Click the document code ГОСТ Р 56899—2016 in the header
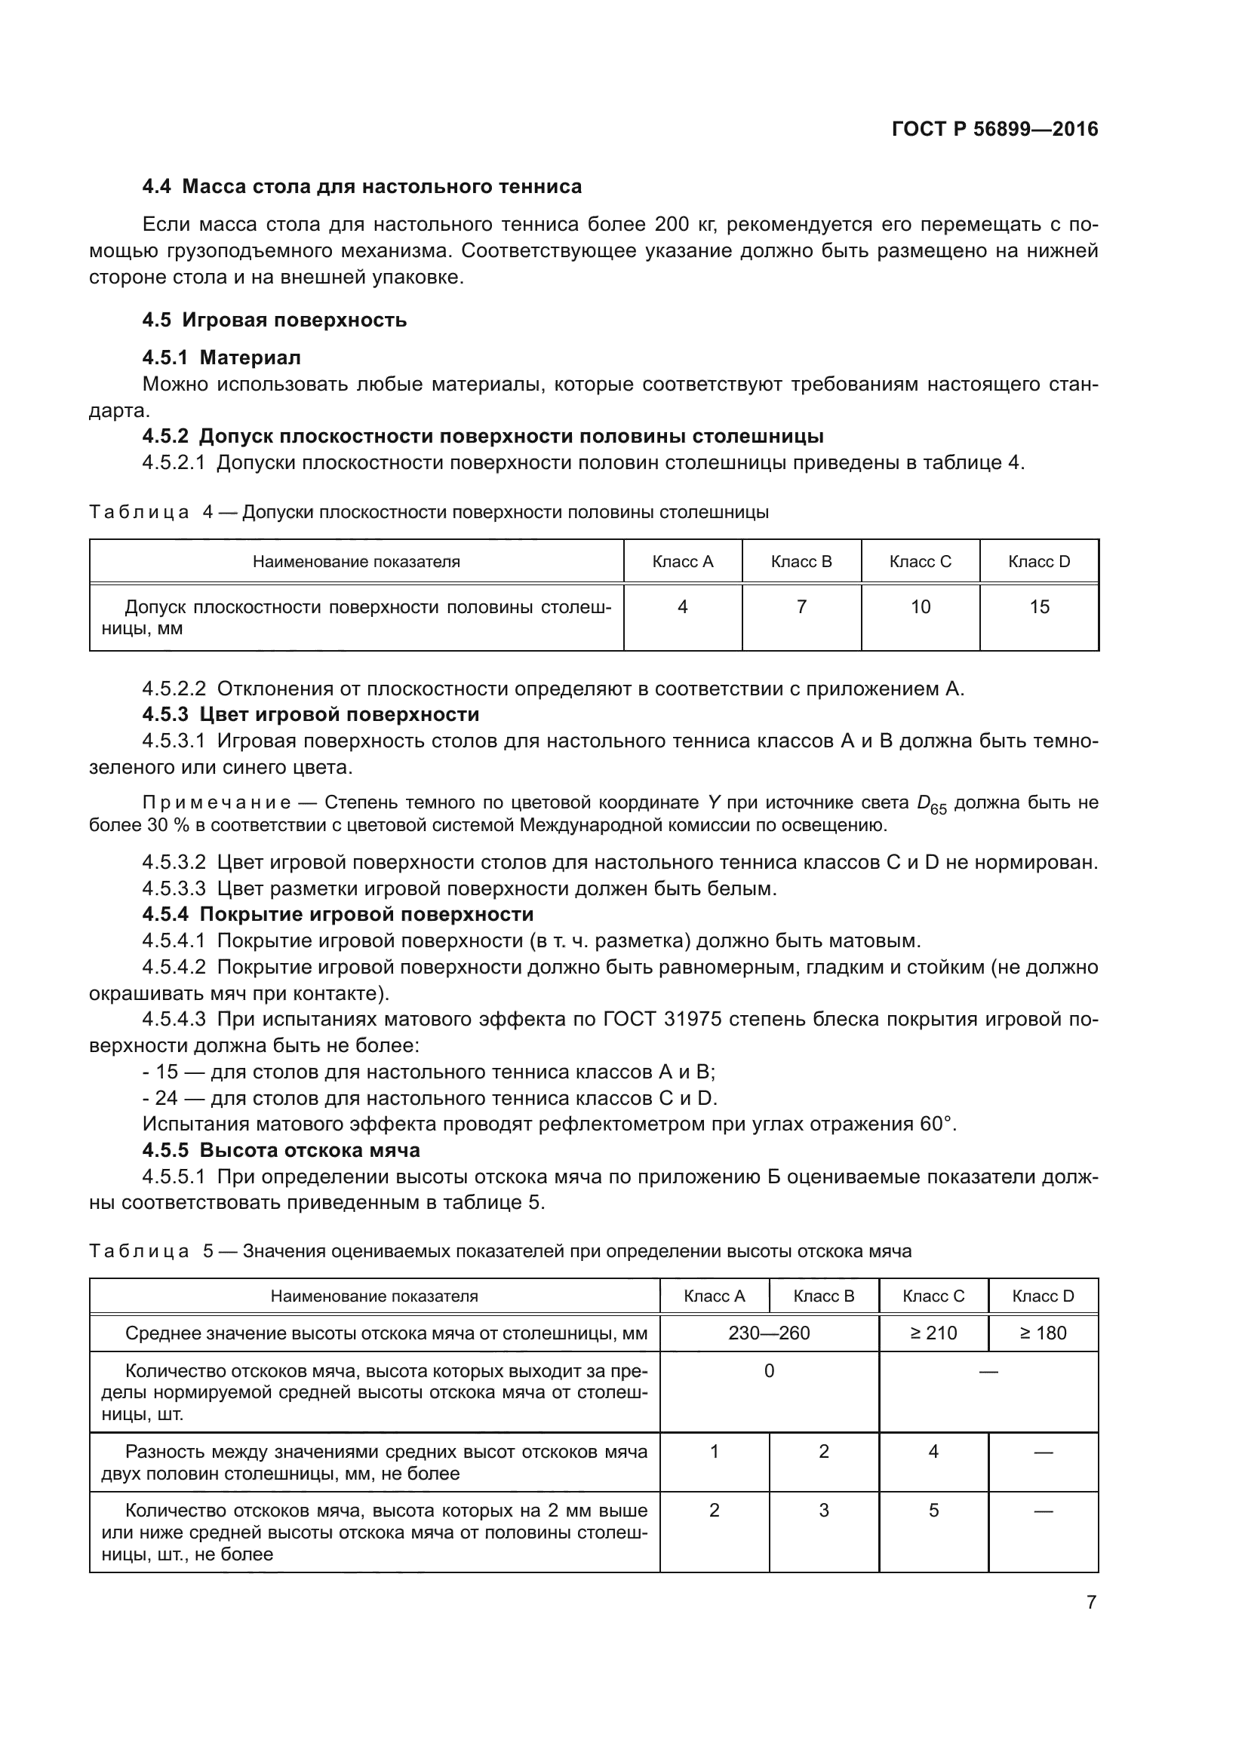click(x=994, y=129)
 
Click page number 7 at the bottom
click(x=1091, y=1602)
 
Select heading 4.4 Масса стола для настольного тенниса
click(x=362, y=187)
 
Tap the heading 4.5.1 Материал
click(x=221, y=357)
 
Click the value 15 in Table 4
click(x=1039, y=607)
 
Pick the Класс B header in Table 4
click(x=801, y=562)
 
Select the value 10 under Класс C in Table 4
click(x=921, y=607)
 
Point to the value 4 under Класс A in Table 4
click(x=682, y=607)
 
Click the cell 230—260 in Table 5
click(x=769, y=1333)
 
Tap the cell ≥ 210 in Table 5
click(x=933, y=1333)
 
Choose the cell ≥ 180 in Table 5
click(x=1043, y=1333)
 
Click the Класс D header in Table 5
click(x=1043, y=1296)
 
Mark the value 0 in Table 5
click(x=769, y=1371)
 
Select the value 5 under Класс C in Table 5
click(x=933, y=1511)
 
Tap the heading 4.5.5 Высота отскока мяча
click(x=281, y=1150)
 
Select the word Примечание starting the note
click(x=217, y=803)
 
